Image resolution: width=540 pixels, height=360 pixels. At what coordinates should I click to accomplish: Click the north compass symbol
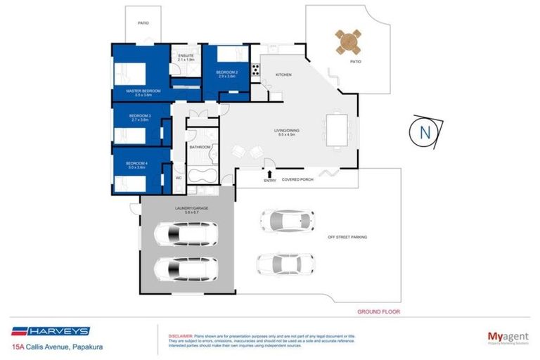pyautogui.click(x=425, y=131)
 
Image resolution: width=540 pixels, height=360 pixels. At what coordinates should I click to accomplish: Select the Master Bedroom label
pyautogui.click(x=143, y=91)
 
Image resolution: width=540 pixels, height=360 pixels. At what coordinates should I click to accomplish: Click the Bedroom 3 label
pyautogui.click(x=141, y=117)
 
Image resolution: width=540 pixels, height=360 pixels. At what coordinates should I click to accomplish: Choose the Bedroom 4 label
pyautogui.click(x=141, y=164)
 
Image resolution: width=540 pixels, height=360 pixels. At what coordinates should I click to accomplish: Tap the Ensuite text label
pyautogui.click(x=186, y=56)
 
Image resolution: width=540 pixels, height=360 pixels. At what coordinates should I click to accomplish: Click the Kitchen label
pyautogui.click(x=283, y=75)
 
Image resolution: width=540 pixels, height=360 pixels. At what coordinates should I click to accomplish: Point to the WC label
pyautogui.click(x=178, y=179)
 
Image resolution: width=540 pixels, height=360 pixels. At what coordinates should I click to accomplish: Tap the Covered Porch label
pyautogui.click(x=297, y=180)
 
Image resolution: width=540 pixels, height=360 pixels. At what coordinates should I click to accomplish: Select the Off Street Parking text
pyautogui.click(x=347, y=238)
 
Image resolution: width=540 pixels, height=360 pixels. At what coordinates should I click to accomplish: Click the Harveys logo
pyautogui.click(x=49, y=331)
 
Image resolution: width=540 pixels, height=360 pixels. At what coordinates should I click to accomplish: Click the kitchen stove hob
pyautogui.click(x=257, y=70)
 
